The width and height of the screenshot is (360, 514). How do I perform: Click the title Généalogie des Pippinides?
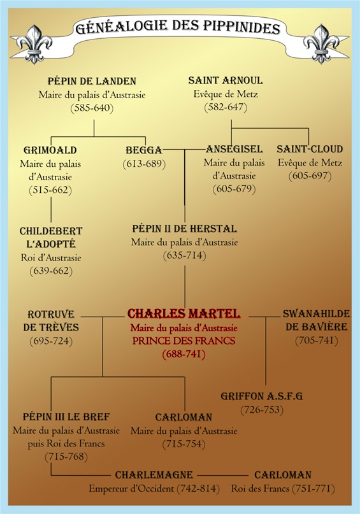pos(178,27)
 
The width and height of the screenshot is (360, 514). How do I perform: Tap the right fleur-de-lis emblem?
pos(321,44)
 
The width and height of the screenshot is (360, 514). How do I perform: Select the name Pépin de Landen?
pos(92,81)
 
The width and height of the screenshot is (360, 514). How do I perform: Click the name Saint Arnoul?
pos(226,80)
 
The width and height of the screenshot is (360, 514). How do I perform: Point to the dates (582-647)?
pos(226,107)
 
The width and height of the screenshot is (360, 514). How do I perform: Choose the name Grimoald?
pos(50,150)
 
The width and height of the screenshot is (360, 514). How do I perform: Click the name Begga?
pos(144,150)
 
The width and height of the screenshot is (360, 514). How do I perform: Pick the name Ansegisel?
pos(234,149)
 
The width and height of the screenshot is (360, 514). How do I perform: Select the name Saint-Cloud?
pos(310,149)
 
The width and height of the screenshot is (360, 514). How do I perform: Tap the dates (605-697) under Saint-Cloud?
pos(310,176)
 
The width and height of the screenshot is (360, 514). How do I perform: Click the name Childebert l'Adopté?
pos(51,238)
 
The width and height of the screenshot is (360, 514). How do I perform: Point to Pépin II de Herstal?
pos(185,229)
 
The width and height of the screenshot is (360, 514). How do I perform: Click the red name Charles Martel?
pos(184,314)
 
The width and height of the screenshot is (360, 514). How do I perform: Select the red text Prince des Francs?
pos(184,341)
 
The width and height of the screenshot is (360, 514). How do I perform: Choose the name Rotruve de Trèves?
pos(51,320)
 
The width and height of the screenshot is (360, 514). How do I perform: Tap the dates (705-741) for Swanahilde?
pos(317,341)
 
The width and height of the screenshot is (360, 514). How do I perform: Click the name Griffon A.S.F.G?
pos(262,396)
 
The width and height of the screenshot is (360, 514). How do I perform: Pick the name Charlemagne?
pos(154,475)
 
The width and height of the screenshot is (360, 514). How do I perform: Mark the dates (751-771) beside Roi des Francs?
pos(313,489)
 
